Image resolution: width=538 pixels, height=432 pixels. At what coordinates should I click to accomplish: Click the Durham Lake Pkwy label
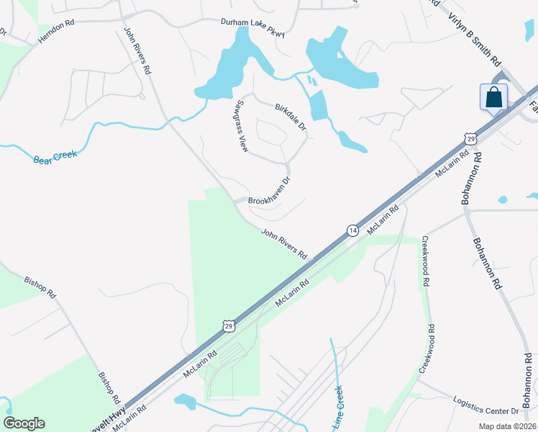point(252,27)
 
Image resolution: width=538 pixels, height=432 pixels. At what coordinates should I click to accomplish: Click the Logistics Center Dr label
point(485,405)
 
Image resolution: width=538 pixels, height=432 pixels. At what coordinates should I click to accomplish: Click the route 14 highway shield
point(352,230)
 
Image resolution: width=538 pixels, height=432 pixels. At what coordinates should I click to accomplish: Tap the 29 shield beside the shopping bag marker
point(470,137)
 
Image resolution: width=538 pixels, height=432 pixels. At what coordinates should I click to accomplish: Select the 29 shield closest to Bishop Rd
point(228,326)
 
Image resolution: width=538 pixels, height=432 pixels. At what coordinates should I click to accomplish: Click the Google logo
point(24,423)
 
